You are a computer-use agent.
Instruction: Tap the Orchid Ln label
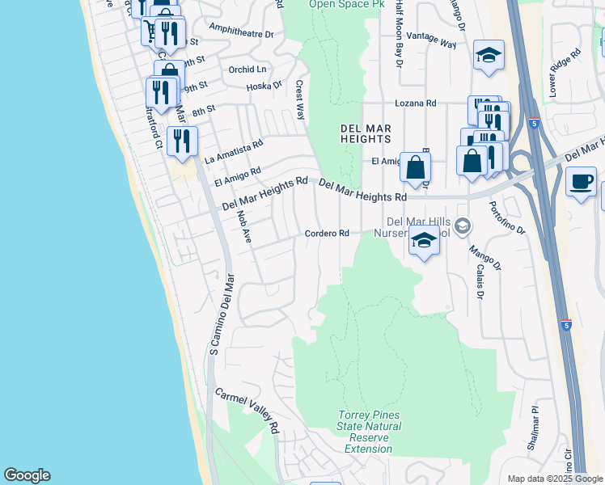click(x=247, y=70)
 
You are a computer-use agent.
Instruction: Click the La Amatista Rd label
click(x=234, y=150)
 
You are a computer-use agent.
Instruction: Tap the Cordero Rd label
click(x=326, y=234)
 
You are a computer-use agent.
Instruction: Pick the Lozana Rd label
click(x=415, y=103)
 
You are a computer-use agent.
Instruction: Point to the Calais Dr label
click(x=479, y=280)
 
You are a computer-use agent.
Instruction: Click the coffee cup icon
click(x=581, y=181)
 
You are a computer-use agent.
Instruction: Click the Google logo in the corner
click(x=27, y=475)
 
